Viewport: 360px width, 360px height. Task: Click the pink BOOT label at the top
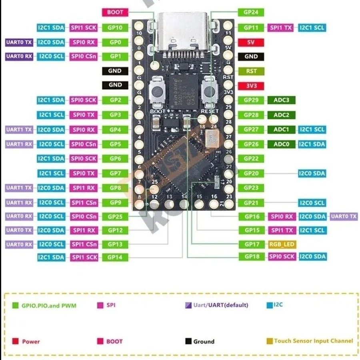pos(115,12)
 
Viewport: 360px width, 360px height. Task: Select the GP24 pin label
pos(251,12)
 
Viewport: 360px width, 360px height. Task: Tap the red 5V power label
pos(251,42)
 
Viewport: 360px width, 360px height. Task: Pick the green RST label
pos(251,71)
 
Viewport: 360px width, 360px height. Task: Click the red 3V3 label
pos(251,86)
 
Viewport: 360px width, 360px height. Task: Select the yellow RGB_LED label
pos(282,244)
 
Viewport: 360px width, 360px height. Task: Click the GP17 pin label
pos(251,244)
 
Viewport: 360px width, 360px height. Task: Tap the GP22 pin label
pos(251,159)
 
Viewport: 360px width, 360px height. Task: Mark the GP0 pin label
pos(115,42)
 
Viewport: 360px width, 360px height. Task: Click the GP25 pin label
pos(115,217)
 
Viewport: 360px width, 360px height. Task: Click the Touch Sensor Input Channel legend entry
pos(310,341)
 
